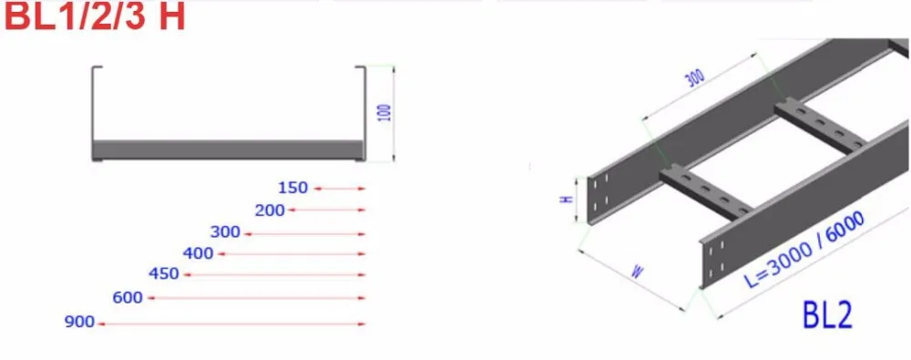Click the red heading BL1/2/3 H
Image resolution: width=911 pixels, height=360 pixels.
(95, 16)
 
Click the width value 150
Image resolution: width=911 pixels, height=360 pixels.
(292, 188)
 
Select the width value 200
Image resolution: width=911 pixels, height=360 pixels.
(271, 210)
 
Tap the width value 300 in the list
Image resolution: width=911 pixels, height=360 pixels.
(225, 232)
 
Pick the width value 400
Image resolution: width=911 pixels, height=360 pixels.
(198, 253)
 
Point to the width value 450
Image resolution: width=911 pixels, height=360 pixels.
(164, 273)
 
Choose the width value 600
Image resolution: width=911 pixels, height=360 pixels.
(128, 298)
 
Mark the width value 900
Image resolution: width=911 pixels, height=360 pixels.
(79, 322)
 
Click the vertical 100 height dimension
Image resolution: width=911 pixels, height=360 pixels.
(384, 112)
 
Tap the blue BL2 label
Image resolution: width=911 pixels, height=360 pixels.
(827, 315)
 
